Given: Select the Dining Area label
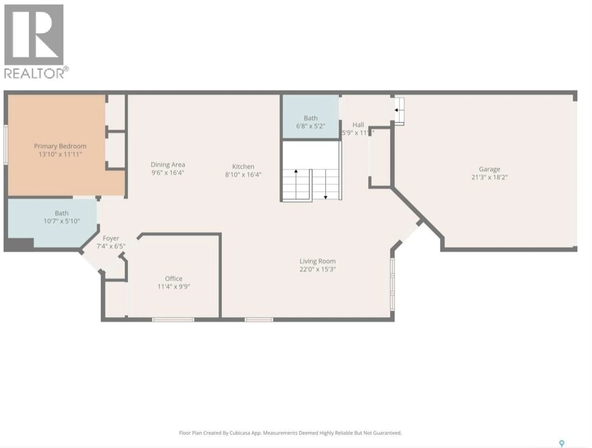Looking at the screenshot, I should click(x=168, y=164).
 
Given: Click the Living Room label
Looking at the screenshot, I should click(x=317, y=261).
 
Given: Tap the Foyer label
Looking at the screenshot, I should click(x=111, y=238).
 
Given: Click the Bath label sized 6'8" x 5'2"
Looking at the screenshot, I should click(x=310, y=118).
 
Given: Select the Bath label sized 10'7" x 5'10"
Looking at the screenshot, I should click(x=62, y=213).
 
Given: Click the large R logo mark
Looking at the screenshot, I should click(x=34, y=35).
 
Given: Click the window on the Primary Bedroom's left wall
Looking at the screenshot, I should click(x=5, y=145).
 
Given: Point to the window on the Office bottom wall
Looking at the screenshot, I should click(x=173, y=320).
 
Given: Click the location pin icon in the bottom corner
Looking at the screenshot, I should click(x=562, y=443).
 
